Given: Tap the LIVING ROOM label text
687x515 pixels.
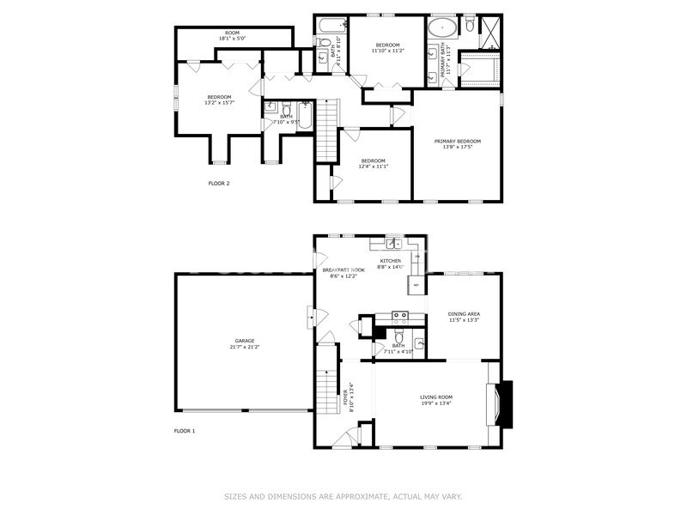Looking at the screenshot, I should coord(435,397).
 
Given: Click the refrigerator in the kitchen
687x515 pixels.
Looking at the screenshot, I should coord(416,284).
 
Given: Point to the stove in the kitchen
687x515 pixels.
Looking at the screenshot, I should coord(400,316).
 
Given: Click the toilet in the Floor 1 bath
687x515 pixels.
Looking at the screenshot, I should coord(399,336).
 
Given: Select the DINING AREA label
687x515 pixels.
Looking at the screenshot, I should coord(464,314).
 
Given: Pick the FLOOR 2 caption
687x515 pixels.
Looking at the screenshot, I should coord(219,183).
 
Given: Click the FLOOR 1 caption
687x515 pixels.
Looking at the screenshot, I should coord(185,430).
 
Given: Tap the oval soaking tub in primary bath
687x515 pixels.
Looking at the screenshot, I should coord(444,25).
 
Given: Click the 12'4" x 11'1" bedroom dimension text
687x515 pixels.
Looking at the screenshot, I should coord(373,167).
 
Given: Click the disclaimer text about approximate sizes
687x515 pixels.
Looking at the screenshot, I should coord(343,496).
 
